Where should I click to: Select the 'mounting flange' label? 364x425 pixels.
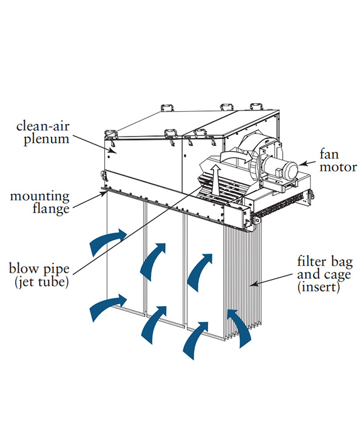[41, 204]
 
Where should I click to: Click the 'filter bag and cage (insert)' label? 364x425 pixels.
[324, 274]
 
